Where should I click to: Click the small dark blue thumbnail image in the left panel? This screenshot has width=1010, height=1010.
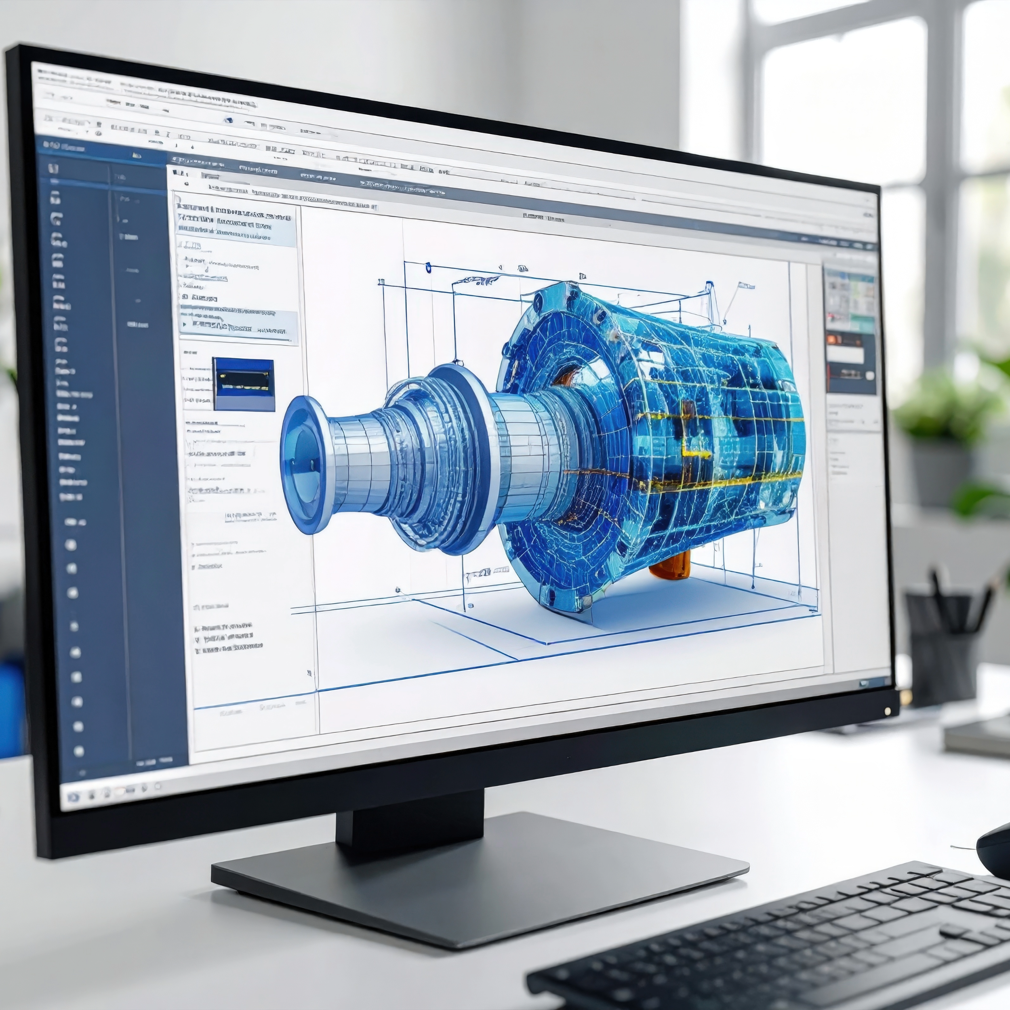coord(244,384)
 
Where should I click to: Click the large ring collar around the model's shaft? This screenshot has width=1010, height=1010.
coord(460,460)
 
